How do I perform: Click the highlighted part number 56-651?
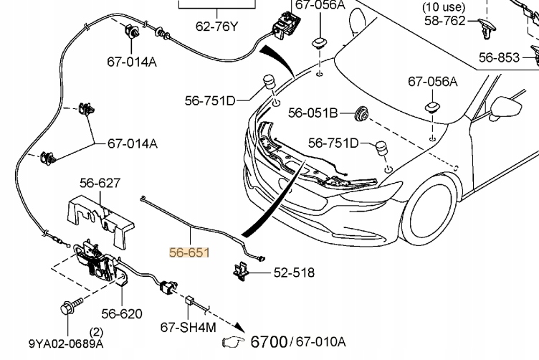(189, 252)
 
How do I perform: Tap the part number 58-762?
(444, 22)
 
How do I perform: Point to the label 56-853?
(500, 57)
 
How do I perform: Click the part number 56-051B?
(313, 113)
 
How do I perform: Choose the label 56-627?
(100, 184)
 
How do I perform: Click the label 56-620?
(121, 313)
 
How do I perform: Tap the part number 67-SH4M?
(188, 327)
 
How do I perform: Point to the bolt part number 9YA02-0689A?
(66, 344)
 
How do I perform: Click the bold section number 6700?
(268, 341)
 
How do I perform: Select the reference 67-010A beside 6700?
(320, 341)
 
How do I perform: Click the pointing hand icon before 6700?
(234, 341)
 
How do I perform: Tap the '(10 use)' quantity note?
(444, 8)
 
